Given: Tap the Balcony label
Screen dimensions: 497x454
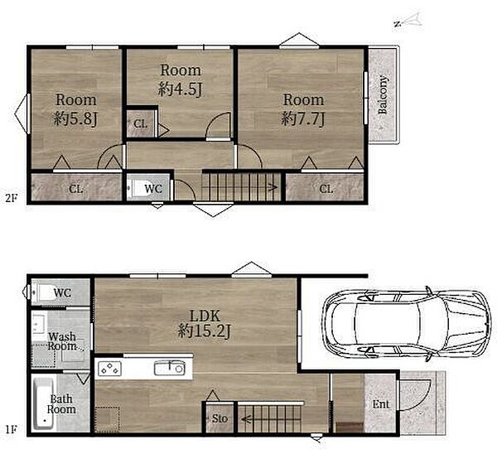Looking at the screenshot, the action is click(383, 94).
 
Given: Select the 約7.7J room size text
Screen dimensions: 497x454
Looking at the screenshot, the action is click(303, 119).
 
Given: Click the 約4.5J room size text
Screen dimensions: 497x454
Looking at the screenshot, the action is click(181, 89).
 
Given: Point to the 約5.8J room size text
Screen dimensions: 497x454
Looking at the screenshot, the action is click(75, 119).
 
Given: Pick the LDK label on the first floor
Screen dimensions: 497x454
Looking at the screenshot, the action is click(205, 316).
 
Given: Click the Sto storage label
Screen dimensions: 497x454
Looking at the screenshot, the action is click(220, 418).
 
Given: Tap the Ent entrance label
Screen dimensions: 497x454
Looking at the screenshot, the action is click(381, 404).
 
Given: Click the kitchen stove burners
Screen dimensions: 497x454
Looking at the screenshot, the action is click(109, 369).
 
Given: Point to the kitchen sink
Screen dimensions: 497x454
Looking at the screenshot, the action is click(170, 369).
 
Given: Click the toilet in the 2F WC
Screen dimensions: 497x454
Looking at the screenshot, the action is click(135, 189).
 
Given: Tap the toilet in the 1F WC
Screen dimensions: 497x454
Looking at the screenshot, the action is click(43, 292).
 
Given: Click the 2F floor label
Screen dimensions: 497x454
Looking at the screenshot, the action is click(11, 198).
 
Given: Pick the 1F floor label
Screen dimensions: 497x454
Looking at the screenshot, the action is click(11, 430).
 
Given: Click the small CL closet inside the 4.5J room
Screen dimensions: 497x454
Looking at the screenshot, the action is click(141, 123).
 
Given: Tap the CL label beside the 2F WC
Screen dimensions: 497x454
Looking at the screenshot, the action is click(76, 189).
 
